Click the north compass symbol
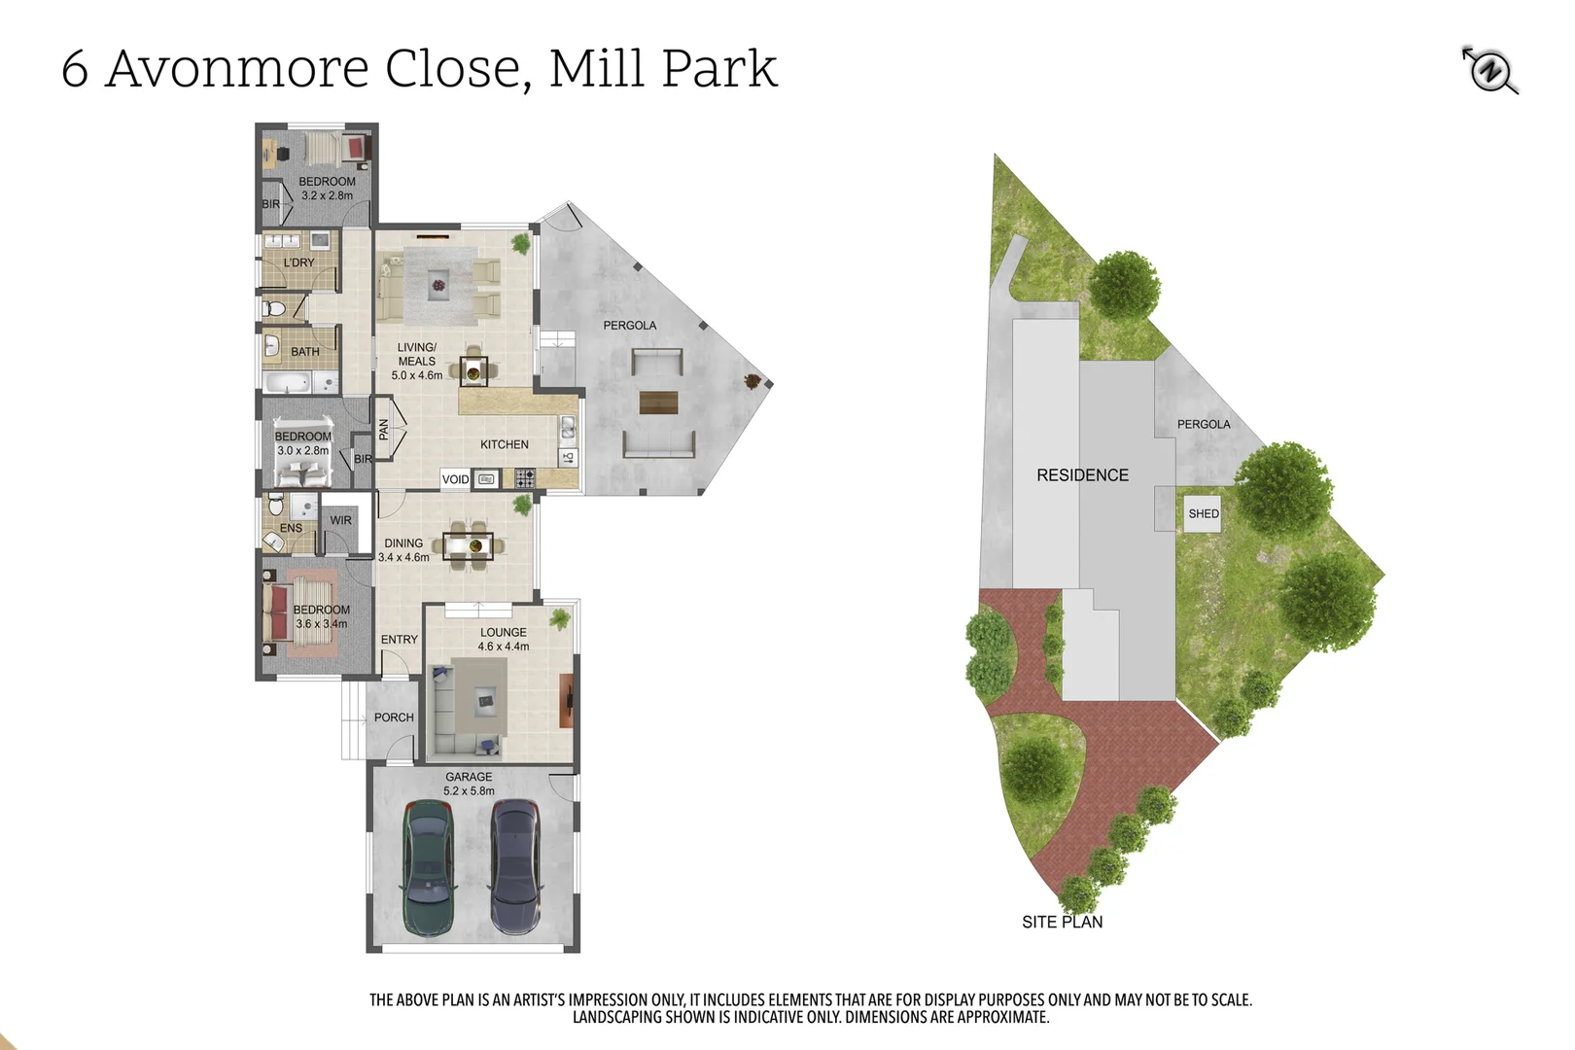tap(1489, 70)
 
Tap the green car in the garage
tap(427, 867)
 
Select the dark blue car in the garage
tap(514, 865)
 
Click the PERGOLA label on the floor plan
tap(629, 326)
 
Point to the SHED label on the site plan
tap(1203, 513)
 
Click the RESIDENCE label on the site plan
tap(1082, 475)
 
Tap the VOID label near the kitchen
tap(455, 479)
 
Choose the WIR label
tap(340, 520)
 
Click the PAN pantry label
tap(383, 429)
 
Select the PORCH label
tap(394, 717)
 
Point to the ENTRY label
tap(399, 640)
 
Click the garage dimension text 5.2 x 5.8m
tap(469, 791)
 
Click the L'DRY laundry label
tap(298, 262)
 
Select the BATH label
tap(304, 352)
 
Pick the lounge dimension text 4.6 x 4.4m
tap(504, 647)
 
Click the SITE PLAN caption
tap(1062, 922)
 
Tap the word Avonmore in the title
tap(237, 68)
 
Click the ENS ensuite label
tap(291, 529)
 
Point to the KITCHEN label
tap(504, 444)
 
